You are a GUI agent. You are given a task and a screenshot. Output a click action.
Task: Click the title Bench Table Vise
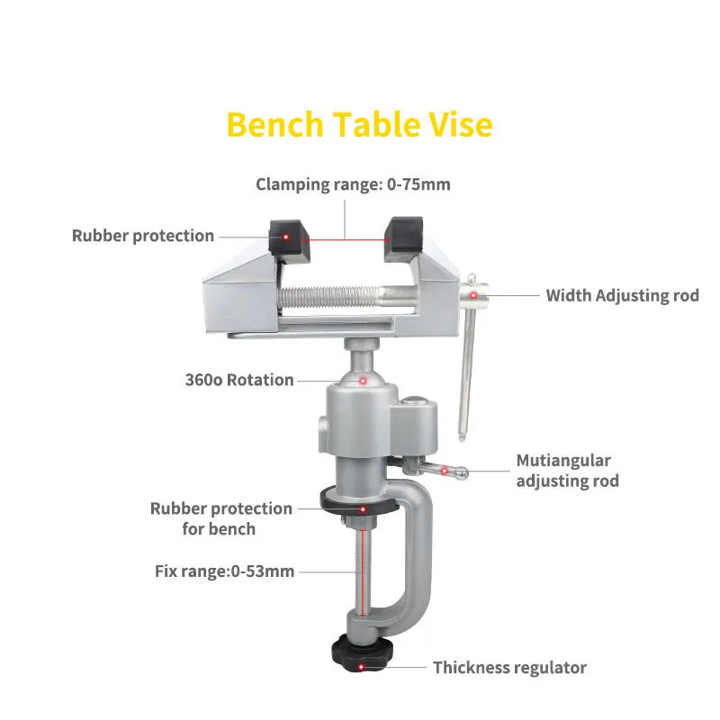click(359, 124)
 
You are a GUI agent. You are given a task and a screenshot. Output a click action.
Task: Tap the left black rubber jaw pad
click(287, 237)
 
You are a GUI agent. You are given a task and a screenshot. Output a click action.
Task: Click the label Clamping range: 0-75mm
click(353, 184)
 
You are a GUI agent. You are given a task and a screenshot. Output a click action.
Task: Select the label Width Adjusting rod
click(622, 295)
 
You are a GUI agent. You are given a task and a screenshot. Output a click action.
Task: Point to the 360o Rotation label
click(239, 380)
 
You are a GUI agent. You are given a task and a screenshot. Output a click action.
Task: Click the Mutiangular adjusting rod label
click(567, 471)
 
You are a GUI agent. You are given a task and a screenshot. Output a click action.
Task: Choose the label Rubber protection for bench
click(220, 518)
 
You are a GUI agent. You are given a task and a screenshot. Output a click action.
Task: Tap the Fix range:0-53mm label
click(224, 571)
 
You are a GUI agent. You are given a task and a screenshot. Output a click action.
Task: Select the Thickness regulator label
click(509, 668)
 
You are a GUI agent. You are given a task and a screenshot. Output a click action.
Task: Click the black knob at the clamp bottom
click(361, 652)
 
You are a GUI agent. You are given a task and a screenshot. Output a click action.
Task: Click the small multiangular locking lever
click(441, 469)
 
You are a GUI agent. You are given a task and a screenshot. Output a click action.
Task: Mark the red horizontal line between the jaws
click(346, 238)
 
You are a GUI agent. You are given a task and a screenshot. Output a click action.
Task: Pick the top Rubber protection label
click(143, 236)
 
